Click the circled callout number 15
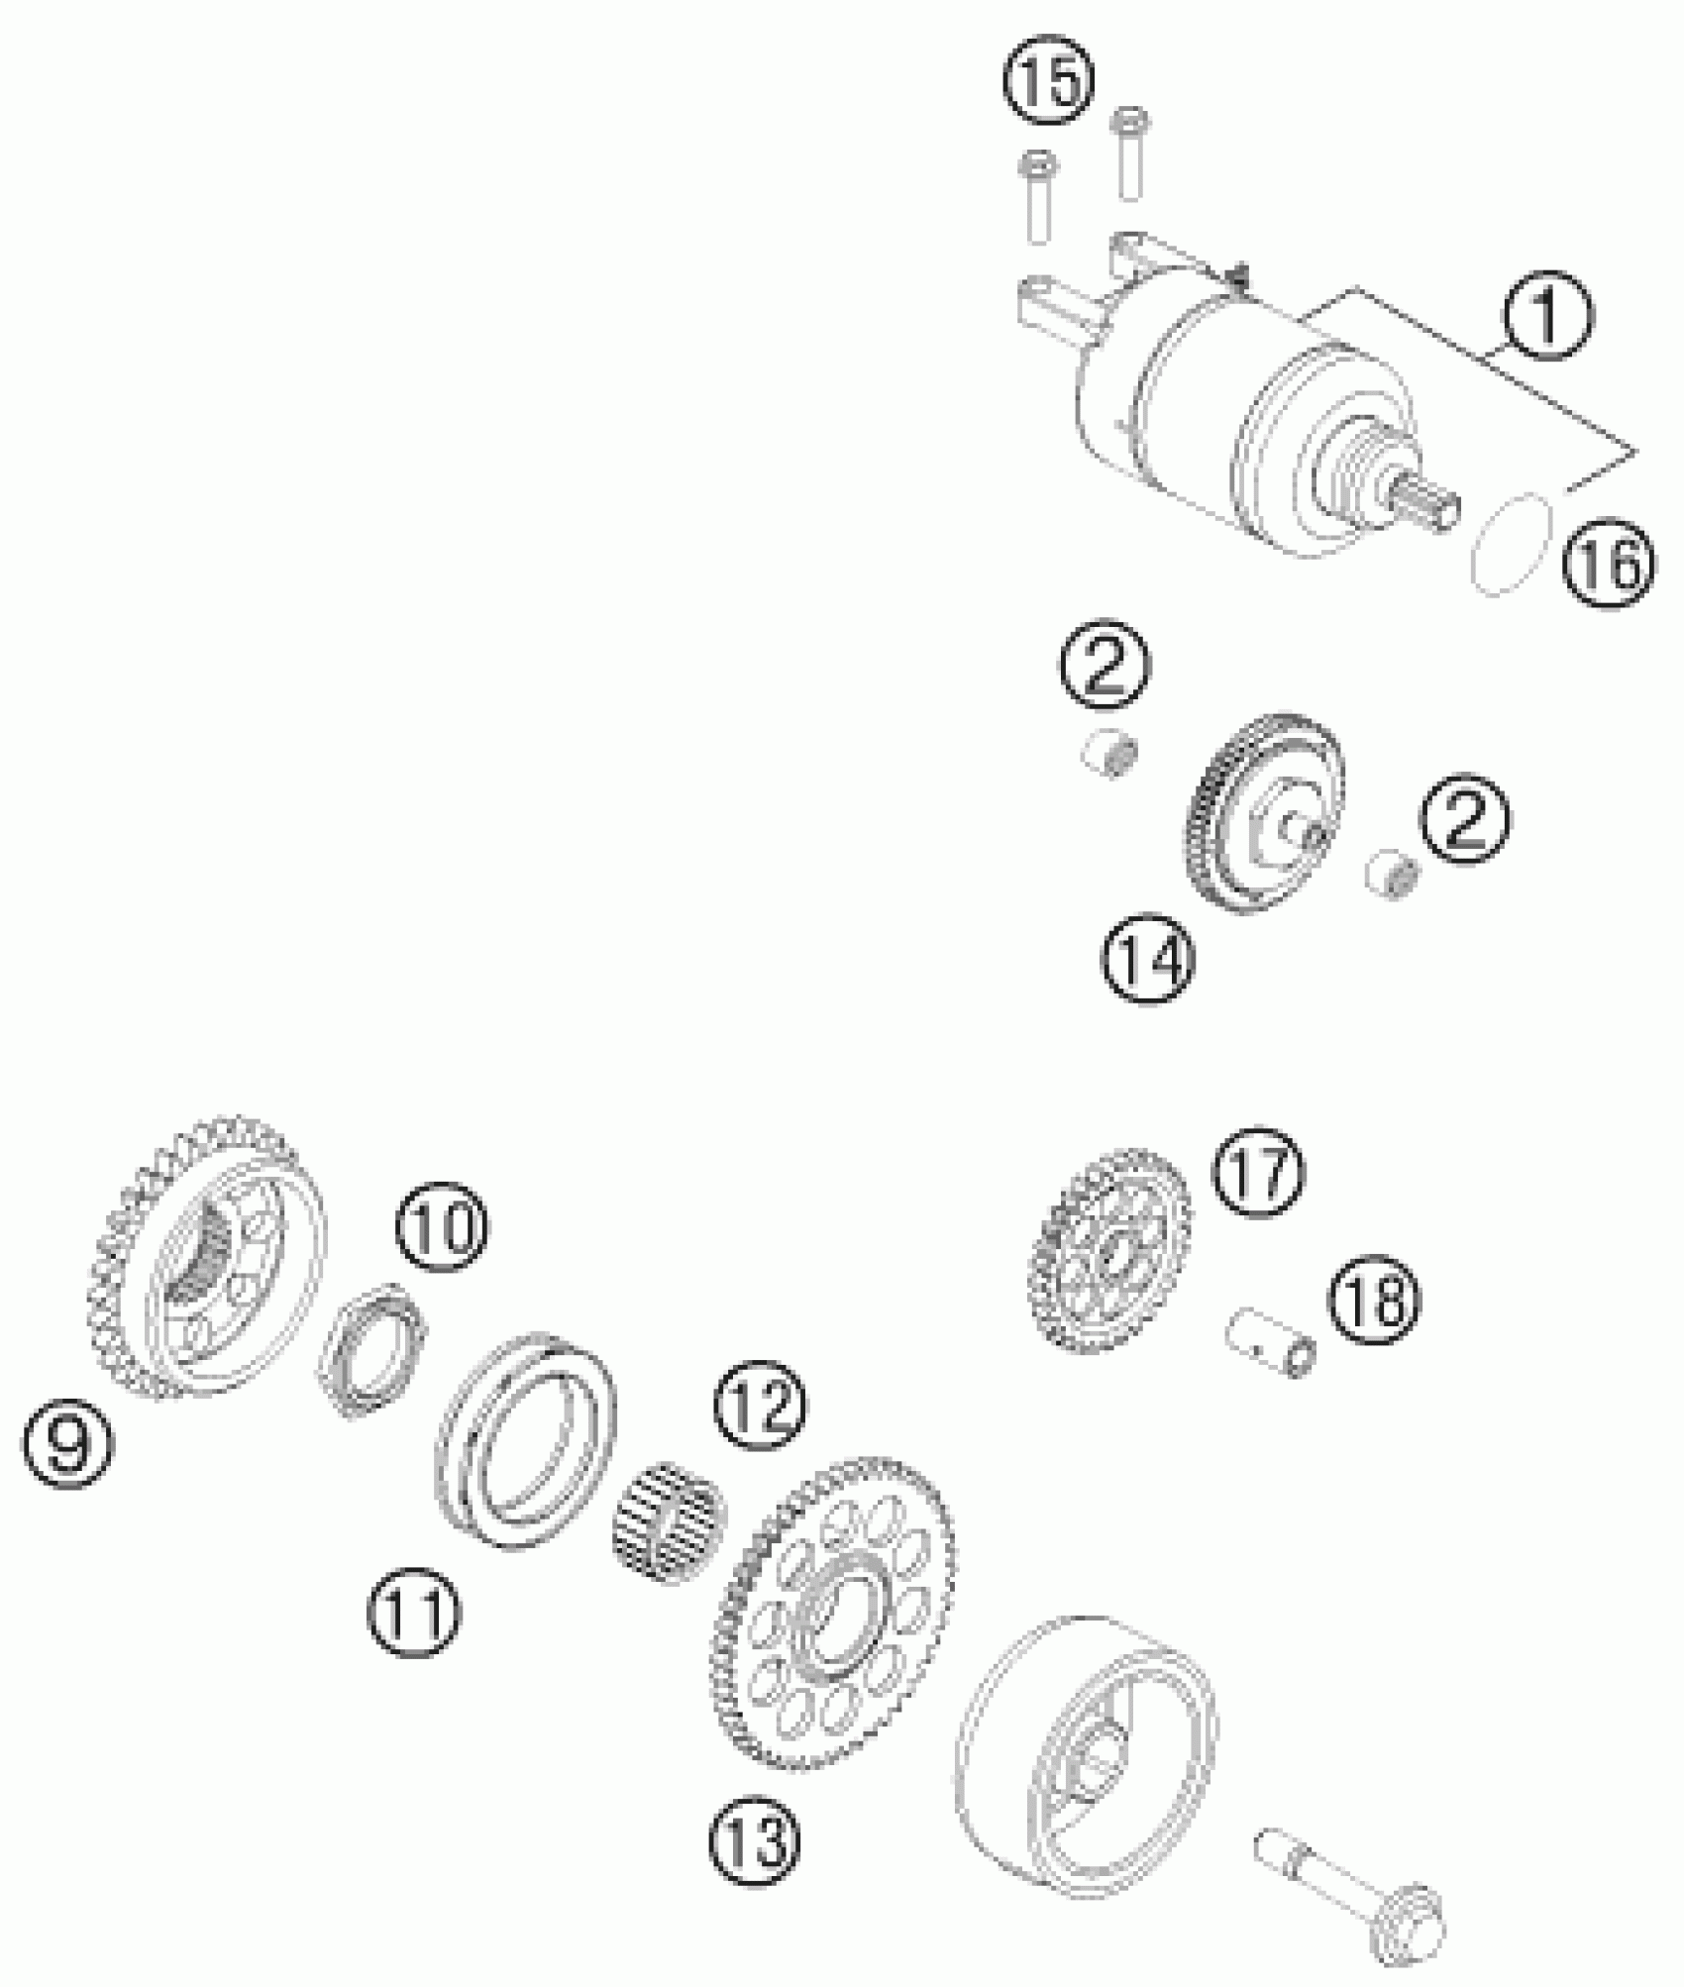[1051, 80]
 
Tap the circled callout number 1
[1546, 316]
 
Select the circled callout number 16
[1609, 566]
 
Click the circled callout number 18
[1376, 1299]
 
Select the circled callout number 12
[762, 1406]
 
